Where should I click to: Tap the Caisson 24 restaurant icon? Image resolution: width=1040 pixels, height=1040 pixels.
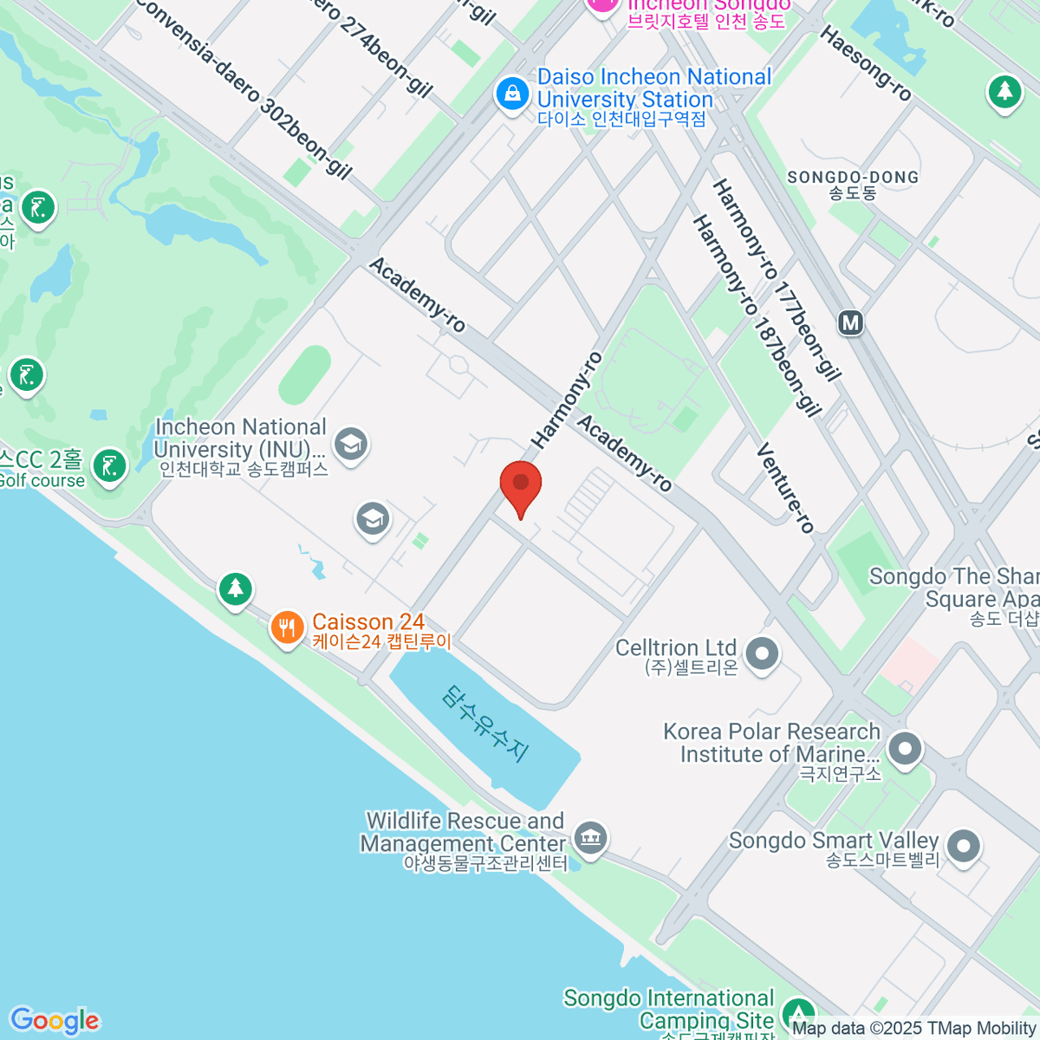287,627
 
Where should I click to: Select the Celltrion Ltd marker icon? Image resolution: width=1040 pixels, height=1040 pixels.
763,653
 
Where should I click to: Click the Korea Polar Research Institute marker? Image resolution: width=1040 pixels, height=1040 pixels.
905,749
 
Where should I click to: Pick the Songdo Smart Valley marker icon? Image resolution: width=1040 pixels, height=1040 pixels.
963,846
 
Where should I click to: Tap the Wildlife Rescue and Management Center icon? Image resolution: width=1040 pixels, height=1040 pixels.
591,837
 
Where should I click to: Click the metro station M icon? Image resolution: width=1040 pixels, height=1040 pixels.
851,323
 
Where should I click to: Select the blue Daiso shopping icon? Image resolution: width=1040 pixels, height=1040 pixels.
511,94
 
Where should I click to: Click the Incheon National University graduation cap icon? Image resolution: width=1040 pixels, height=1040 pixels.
350,445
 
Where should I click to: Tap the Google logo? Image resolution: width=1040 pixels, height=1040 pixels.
55,1020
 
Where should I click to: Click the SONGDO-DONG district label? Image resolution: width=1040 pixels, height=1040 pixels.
853,177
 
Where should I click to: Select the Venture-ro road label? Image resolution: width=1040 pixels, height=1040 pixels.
785,487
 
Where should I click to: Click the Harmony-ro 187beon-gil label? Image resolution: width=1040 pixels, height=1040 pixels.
756,316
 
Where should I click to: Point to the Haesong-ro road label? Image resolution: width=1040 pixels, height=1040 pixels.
866,63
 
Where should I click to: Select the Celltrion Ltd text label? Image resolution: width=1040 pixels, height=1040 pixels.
676,647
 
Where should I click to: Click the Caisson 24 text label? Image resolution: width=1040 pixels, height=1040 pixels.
368,621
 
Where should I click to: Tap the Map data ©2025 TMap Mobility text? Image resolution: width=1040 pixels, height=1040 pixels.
913,1028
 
